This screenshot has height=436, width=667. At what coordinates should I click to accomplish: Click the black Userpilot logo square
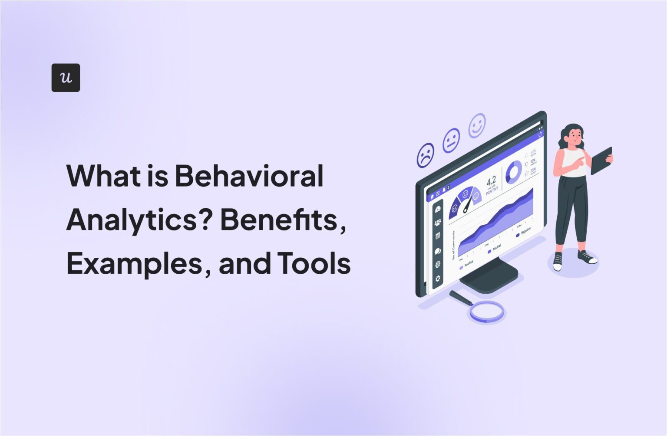click(66, 78)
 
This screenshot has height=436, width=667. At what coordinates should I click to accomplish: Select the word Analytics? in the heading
click(139, 220)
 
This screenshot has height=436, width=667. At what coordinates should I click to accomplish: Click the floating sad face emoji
click(426, 155)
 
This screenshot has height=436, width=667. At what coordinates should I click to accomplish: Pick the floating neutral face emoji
click(451, 140)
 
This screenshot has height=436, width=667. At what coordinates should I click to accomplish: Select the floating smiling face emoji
click(477, 125)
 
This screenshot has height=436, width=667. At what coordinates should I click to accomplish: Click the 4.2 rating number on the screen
click(491, 181)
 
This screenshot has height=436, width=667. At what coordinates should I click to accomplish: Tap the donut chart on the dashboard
click(513, 172)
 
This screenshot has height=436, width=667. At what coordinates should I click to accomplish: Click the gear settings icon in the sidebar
click(438, 279)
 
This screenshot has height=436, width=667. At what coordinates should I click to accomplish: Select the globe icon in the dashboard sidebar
click(438, 265)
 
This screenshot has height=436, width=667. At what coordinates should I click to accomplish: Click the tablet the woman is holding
click(602, 160)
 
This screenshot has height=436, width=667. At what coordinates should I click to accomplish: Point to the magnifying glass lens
click(487, 311)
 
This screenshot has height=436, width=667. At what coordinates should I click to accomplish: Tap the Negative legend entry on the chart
click(523, 233)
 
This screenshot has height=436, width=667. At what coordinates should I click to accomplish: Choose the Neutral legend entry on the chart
click(495, 249)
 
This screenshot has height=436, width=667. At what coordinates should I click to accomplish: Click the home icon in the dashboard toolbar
click(432, 197)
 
